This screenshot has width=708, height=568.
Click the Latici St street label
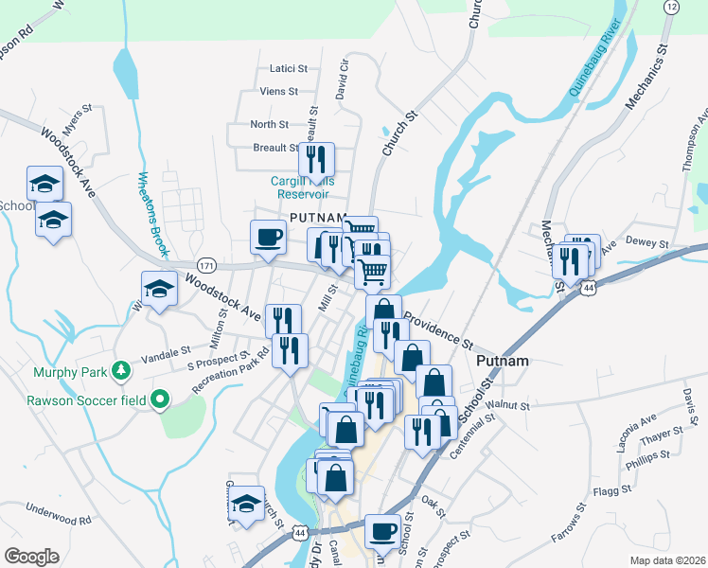289,68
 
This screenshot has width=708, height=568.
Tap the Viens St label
280,92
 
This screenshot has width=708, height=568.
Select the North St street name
269,124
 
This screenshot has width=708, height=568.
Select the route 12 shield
671,7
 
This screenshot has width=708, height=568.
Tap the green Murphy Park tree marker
120,371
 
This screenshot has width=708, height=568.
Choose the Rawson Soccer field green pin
159,400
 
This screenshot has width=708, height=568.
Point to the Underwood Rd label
59,514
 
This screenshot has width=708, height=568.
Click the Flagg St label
611,490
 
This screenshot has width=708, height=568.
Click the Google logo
32,556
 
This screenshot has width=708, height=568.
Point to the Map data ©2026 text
667,560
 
